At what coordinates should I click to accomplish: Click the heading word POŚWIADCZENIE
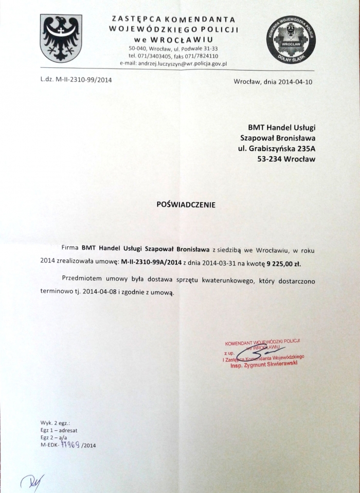pyautogui.click(x=186, y=204)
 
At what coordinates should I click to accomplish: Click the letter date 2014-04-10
pyautogui.click(x=294, y=81)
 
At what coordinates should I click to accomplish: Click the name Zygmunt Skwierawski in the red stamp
pyautogui.click(x=277, y=363)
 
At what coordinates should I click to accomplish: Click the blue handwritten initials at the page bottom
pyautogui.click(x=32, y=481)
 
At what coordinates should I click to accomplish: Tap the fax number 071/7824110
pyautogui.click(x=202, y=56)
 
